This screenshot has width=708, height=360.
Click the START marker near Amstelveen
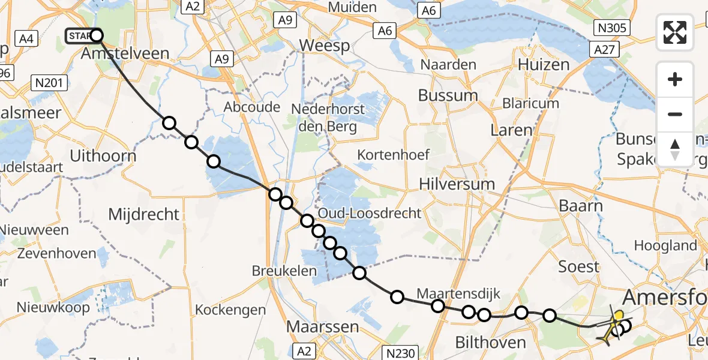click(x=80, y=36)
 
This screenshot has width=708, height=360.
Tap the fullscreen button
click(x=675, y=32)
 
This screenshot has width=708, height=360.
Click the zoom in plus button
click(x=675, y=79)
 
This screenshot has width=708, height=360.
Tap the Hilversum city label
click(x=457, y=184)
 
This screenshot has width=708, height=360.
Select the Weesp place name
click(x=324, y=46)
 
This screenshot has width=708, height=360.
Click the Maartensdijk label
click(x=458, y=294)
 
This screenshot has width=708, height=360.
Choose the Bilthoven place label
click(x=490, y=343)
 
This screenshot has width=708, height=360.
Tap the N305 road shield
click(x=611, y=27)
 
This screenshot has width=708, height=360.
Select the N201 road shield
click(x=51, y=83)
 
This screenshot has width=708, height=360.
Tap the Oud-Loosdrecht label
click(x=370, y=213)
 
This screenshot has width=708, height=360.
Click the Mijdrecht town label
click(x=143, y=214)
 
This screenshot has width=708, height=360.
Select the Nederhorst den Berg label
click(x=332, y=118)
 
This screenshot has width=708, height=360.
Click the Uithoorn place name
click(x=103, y=156)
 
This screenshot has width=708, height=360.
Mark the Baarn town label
click(x=581, y=206)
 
